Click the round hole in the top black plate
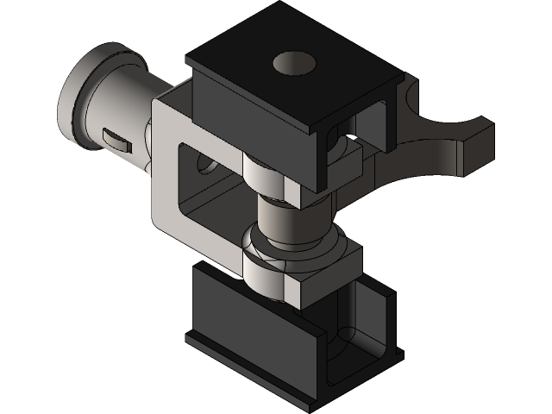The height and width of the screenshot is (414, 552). coord(292,64)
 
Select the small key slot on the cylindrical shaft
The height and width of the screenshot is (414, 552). coord(114,138)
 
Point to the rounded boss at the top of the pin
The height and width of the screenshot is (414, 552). coord(264,176)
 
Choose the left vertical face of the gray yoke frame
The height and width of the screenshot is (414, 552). coord(164,172)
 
